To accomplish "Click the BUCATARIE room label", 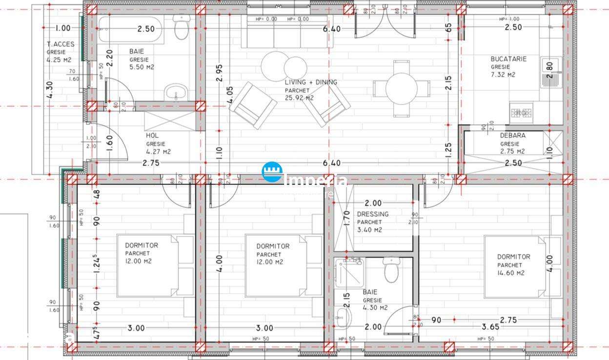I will click(x=508, y=59).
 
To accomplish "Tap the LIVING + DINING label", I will click(x=311, y=82).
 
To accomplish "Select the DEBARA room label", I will click(x=512, y=136).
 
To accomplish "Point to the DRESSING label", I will click(x=373, y=214).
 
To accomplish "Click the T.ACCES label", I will click(x=61, y=44).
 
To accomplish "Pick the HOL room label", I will click(x=152, y=136).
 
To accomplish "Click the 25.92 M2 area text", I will click(x=299, y=98).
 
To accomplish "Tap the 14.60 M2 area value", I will click(x=511, y=273).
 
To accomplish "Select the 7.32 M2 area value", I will click(x=503, y=75).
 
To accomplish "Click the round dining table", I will click(x=401, y=89).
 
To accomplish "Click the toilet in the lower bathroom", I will click(x=391, y=270).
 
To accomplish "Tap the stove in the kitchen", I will click(x=521, y=113).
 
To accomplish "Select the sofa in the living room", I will click(x=287, y=34).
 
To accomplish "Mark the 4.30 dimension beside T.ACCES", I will click(x=50, y=89).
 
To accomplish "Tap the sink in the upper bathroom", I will click(x=175, y=91).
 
